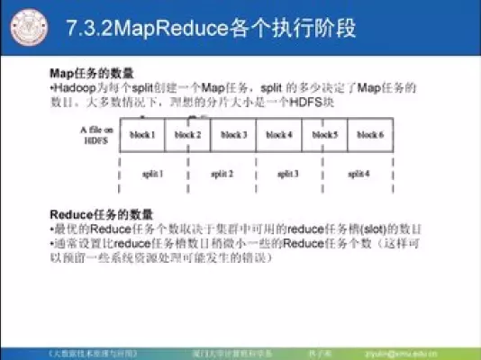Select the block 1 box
(142, 135)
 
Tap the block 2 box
(187, 135)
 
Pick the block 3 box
(233, 135)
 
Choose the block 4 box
(279, 135)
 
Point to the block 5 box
(325, 135)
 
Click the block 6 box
(370, 135)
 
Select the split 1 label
(153, 172)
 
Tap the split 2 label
(222, 172)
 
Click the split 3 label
(287, 172)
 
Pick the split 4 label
(358, 172)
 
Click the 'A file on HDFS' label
(95, 135)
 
